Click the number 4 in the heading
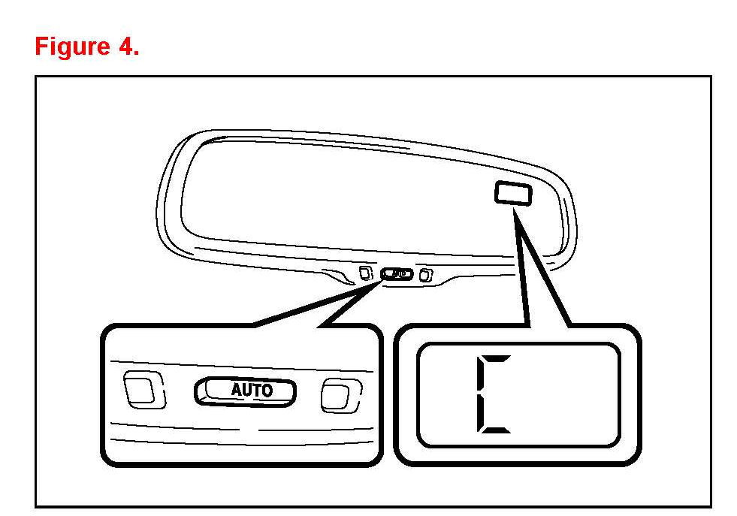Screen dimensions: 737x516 pos(125,47)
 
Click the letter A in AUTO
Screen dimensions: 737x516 pos(236,391)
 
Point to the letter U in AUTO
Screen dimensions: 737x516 pos(248,391)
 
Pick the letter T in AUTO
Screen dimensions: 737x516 pos(258,391)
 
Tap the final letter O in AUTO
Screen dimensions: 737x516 pos(268,391)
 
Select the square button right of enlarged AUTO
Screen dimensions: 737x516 pos(336,394)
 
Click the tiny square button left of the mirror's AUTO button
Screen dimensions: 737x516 pos(366,273)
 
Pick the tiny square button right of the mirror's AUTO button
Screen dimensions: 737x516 pos(425,275)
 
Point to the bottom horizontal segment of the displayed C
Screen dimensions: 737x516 pos(496,431)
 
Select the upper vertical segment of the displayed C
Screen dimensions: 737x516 pos(481,377)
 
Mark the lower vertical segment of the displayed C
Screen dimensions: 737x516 pos(481,412)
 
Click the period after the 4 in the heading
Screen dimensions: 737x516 pos(136,54)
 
